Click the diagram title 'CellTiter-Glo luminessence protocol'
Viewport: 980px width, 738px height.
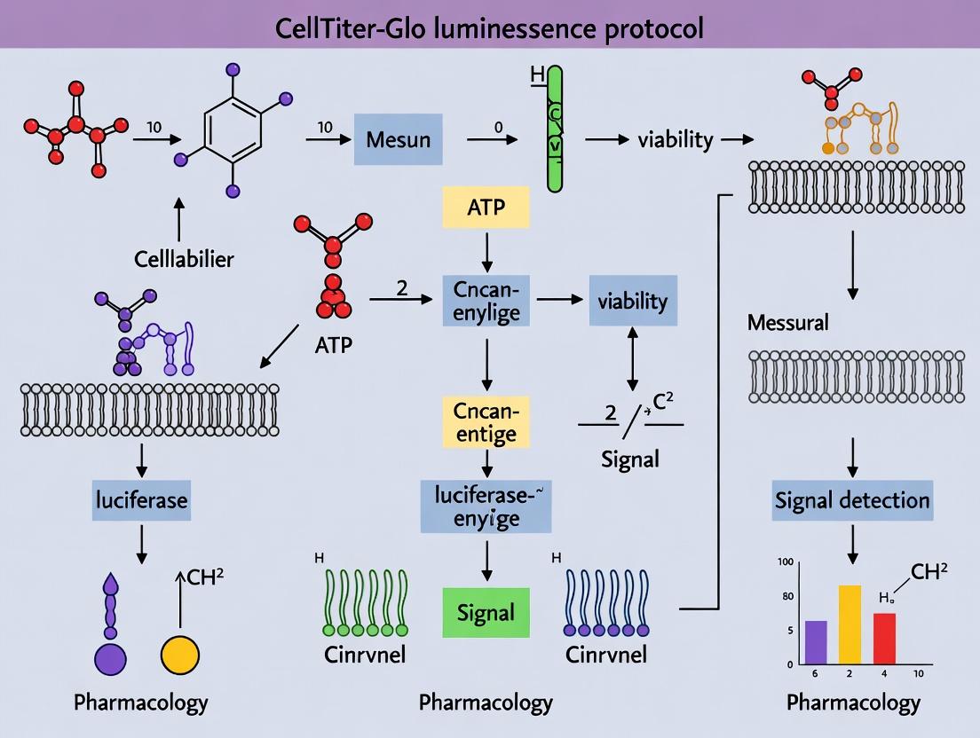490,27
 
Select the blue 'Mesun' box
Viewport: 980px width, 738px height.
398,139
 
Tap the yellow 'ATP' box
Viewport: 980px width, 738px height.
486,208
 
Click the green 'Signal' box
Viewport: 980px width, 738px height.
486,612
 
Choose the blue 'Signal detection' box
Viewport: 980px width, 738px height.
852,499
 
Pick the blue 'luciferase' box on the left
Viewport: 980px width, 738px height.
141,499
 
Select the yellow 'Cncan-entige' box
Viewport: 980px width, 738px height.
486,421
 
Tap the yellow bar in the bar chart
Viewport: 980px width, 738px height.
850,624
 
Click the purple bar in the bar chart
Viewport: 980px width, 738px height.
815,642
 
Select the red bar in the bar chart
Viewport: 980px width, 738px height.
884,639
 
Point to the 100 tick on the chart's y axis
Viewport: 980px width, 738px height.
783,562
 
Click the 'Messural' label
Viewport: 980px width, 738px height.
788,322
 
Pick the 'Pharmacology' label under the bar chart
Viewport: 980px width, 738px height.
853,703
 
